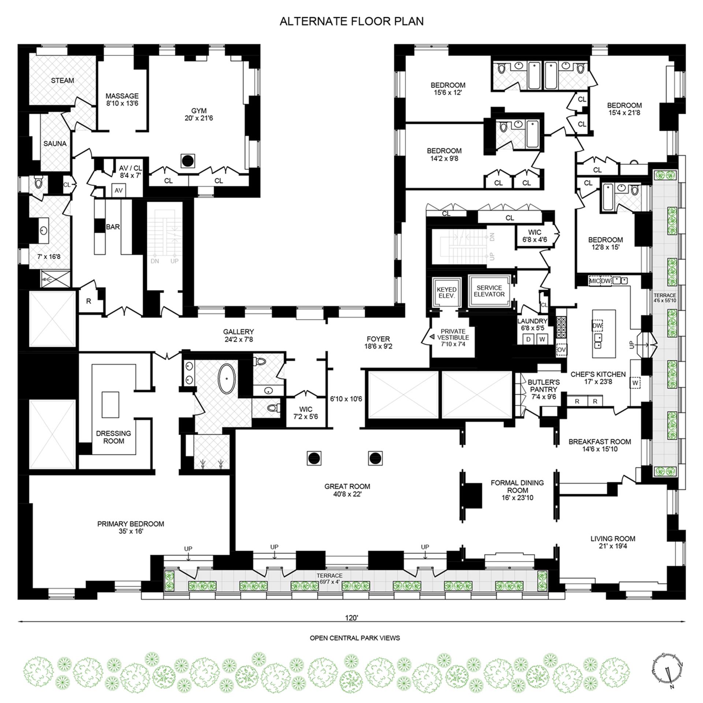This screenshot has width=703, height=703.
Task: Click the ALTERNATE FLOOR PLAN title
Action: point(351,21)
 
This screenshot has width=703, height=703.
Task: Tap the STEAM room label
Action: point(62,80)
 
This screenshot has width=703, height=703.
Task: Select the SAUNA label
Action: point(55,144)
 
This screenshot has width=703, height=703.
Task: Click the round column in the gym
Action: point(188,160)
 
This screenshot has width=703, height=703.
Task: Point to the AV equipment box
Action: point(119,190)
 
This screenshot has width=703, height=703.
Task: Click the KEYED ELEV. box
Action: point(446,293)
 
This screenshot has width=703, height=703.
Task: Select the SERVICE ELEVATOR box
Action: point(489,291)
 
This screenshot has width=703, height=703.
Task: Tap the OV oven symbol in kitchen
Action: point(561,350)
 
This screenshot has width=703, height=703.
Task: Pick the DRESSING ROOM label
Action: point(114,437)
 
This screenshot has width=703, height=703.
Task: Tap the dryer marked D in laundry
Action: point(528,339)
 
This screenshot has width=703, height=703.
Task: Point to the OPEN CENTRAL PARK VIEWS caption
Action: point(355,638)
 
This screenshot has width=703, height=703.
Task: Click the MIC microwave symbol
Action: point(594,281)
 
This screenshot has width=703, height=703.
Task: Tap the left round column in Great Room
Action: point(314,458)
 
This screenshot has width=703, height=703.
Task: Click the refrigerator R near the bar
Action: point(89,301)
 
